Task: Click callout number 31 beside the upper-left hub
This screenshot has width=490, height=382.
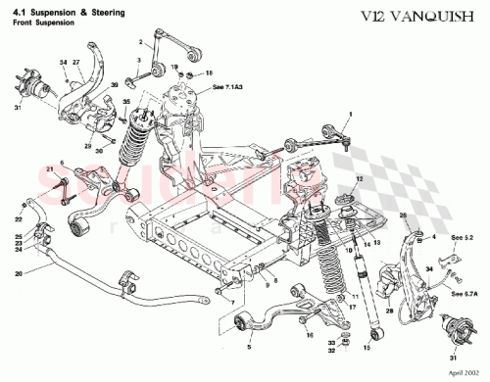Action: pyautogui.click(x=17, y=108)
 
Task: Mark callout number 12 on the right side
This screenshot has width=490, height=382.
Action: pyautogui.click(x=359, y=179)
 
